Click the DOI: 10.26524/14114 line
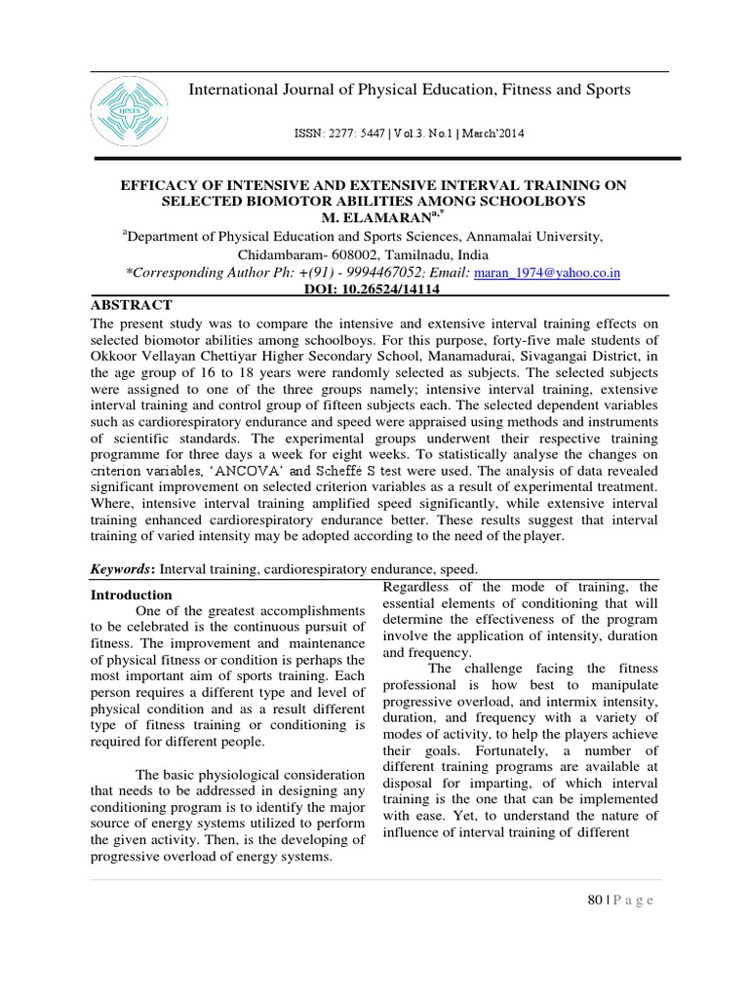click(374, 289)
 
